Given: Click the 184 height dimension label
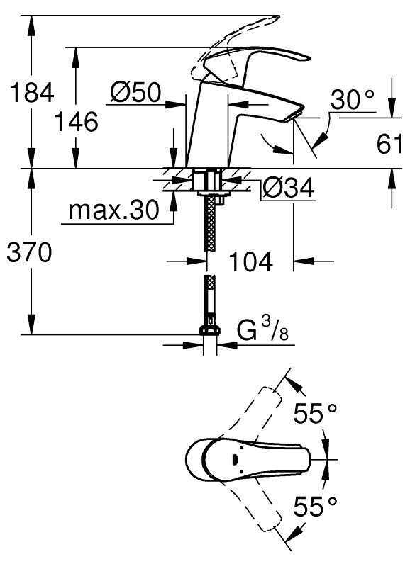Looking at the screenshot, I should pyautogui.click(x=28, y=91).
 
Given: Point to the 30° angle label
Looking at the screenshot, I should pyautogui.click(x=352, y=101).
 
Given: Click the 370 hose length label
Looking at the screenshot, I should pyautogui.click(x=28, y=253).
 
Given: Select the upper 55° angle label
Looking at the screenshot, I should pyautogui.click(x=315, y=413).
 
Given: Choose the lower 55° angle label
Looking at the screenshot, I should pyautogui.click(x=315, y=507).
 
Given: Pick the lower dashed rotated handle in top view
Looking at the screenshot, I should pyautogui.click(x=266, y=517).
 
